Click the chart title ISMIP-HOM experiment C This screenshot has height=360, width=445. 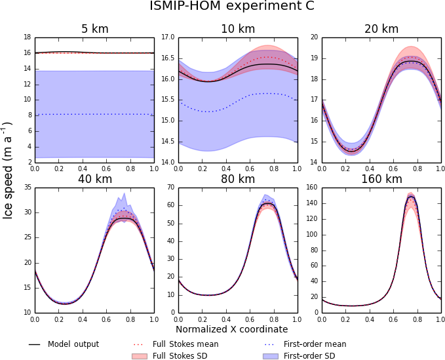tap(232, 7)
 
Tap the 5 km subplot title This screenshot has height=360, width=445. tap(94, 29)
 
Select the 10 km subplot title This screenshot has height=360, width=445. tap(237, 29)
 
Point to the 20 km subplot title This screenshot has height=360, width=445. tap(381, 29)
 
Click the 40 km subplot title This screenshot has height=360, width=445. tap(94, 179)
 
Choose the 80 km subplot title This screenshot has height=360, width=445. tap(237, 179)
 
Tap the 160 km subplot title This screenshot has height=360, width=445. tap(381, 179)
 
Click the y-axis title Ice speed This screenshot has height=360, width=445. tap(9, 170)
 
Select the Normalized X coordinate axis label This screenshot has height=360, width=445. tap(231, 329)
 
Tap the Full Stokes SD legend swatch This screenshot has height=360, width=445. tap(138, 356)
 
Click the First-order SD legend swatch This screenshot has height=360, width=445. tap(269, 356)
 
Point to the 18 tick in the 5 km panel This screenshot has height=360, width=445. tap(28, 37)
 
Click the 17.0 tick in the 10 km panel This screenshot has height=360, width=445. tap(167, 37)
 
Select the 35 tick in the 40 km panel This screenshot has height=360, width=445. tap(28, 188)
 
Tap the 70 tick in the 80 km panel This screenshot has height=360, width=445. tap(170, 188)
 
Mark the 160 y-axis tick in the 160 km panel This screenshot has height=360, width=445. tap(311, 188)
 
